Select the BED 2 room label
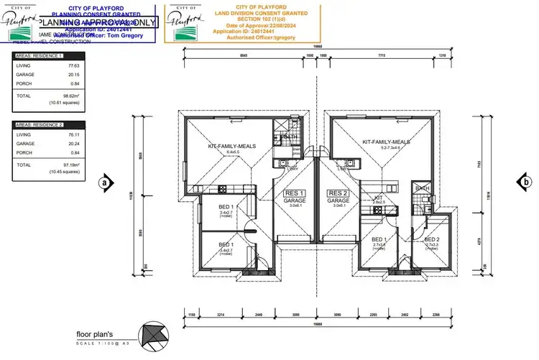431,241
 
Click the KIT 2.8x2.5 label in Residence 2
379,200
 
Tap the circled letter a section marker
106,183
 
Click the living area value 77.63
69,65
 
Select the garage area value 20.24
69,143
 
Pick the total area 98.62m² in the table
70,95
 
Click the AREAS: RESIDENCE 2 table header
40,124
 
